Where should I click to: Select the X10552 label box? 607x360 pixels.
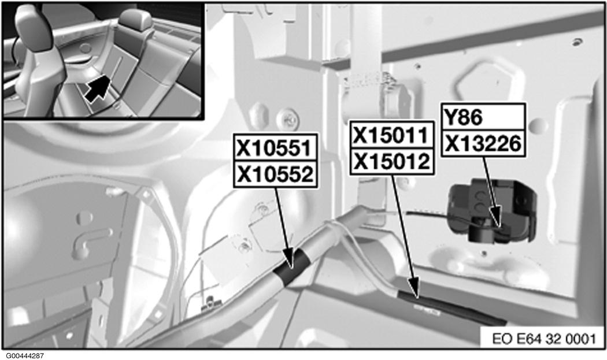point(275,174)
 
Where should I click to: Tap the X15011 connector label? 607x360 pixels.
point(391,135)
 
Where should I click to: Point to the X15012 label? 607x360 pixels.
point(392,161)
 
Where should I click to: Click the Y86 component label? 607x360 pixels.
point(463,117)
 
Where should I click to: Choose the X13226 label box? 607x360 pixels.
point(483,144)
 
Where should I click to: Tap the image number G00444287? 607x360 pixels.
point(25,355)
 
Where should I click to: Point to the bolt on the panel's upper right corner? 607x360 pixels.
point(577,41)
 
